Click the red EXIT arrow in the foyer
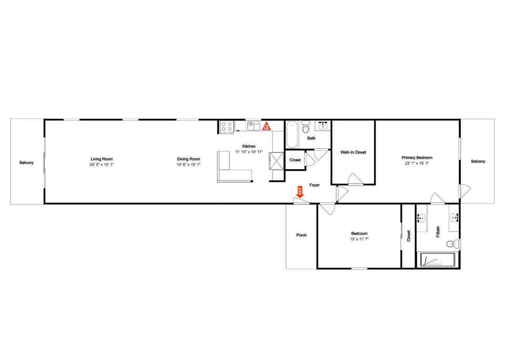tap(300, 192)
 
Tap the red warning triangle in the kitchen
tap(266, 126)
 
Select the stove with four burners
tap(227, 126)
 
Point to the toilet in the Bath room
tap(306, 127)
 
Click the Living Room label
tap(102, 159)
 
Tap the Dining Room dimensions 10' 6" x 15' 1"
tap(188, 164)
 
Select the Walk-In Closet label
tap(353, 152)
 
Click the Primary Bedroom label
tap(417, 158)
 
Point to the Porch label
tap(301, 235)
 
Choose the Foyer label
tap(315, 185)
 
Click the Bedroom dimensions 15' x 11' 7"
tap(359, 239)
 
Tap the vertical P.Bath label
tap(438, 232)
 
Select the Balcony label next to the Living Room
tap(26, 163)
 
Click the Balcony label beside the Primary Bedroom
tap(478, 161)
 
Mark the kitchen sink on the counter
tap(254, 126)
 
